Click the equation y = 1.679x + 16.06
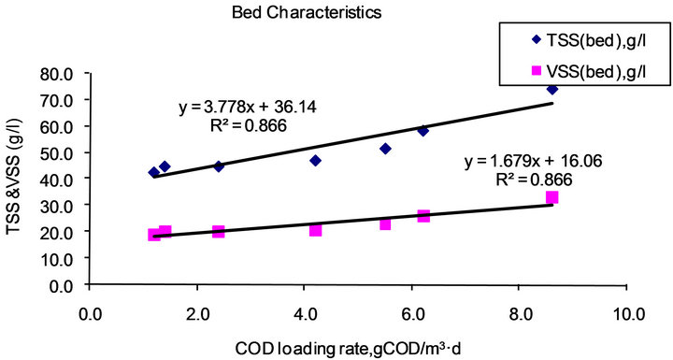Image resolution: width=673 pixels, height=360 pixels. tap(533, 162)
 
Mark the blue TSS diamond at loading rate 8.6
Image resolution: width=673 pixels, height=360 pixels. tap(551, 89)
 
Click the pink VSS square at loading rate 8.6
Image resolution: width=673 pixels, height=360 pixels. tap(551, 197)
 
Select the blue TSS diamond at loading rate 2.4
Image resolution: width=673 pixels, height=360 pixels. tap(219, 166)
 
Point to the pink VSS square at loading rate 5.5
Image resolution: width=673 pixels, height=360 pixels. tap(385, 224)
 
